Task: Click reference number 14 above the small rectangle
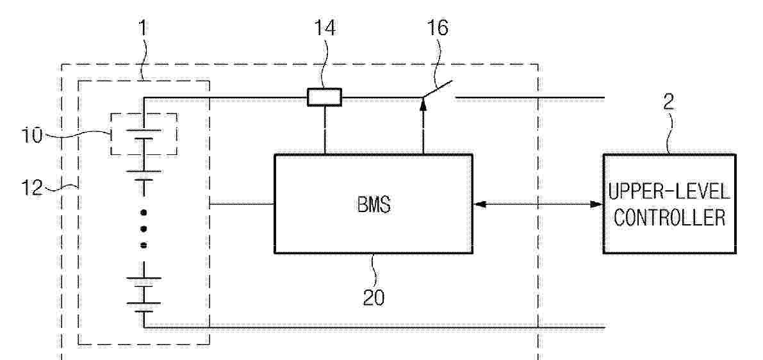[324, 30]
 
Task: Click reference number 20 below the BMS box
[373, 297]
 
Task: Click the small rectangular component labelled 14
[324, 97]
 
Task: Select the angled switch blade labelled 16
[438, 90]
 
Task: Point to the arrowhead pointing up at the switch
[422, 102]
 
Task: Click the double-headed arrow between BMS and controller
[537, 205]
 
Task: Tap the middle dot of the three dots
[144, 229]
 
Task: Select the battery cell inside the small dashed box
[144, 135]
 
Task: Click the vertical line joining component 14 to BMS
[324, 130]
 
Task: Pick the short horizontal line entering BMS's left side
[242, 204]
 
